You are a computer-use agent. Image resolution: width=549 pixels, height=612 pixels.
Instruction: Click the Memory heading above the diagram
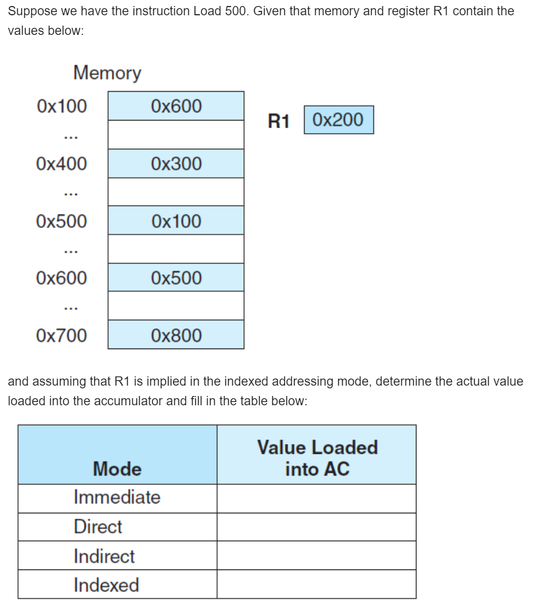coord(107,73)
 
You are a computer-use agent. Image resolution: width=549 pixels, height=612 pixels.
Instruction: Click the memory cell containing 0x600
coord(176,106)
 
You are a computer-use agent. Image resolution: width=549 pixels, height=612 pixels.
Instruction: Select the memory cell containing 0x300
coord(176,164)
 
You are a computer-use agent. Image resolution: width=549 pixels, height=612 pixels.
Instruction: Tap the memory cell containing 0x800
coord(176,335)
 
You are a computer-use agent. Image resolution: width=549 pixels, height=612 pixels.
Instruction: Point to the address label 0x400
coord(61,164)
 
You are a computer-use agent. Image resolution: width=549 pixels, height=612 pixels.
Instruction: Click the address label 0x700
coord(61,335)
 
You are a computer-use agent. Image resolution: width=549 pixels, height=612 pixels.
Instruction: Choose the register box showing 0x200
coord(339,120)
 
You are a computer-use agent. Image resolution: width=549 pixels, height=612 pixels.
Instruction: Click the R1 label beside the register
coord(278,121)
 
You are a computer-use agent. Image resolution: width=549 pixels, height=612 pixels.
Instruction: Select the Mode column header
coord(117,469)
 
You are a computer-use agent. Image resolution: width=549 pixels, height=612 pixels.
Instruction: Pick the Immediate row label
coord(117,497)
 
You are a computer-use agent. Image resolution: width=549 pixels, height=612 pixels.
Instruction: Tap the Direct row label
coord(98,527)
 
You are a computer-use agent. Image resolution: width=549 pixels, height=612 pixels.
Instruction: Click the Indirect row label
coord(104,556)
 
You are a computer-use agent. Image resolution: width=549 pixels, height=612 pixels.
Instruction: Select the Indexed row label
coord(106,585)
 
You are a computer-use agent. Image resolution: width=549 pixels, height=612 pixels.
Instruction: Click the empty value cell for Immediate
coord(317,498)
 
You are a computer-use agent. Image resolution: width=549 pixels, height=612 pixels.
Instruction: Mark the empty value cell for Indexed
coord(317,585)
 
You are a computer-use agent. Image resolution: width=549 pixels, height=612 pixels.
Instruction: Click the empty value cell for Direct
coord(317,527)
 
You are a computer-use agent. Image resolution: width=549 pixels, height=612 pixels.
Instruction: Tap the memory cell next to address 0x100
coord(176,106)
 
